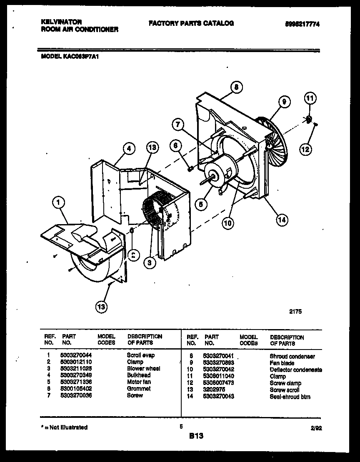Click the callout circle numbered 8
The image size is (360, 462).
(x=236, y=87)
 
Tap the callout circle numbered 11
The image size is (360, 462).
(x=310, y=99)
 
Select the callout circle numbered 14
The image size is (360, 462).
(x=282, y=220)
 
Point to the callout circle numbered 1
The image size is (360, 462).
(x=59, y=202)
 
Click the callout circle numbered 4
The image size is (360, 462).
(x=129, y=148)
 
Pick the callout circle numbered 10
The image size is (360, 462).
(x=227, y=223)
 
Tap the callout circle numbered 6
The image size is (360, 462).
(x=176, y=145)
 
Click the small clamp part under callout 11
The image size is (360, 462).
(x=309, y=119)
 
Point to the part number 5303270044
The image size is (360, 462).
(x=76, y=355)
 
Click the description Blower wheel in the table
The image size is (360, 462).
(x=143, y=368)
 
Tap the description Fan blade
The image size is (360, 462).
(x=282, y=363)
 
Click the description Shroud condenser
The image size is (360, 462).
(x=292, y=356)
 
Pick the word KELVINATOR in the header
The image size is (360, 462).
(x=62, y=22)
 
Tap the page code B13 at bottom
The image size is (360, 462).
(x=196, y=436)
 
